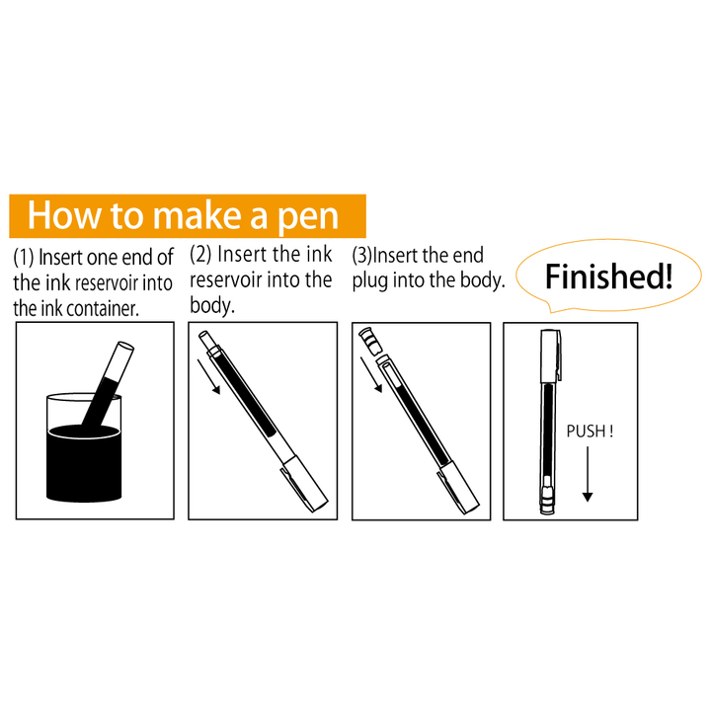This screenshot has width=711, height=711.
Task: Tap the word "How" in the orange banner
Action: coord(64,215)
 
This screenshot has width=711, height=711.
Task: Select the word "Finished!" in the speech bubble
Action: coord(608,276)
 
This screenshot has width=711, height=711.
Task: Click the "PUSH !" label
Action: coord(590,432)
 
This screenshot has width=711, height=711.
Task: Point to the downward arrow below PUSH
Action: coord(588,474)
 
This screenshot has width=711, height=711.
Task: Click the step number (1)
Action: coord(24,258)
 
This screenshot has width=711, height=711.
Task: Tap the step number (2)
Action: coord(200,255)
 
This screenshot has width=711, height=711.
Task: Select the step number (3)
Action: coord(361,256)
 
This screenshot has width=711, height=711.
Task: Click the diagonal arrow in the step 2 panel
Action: coord(208,377)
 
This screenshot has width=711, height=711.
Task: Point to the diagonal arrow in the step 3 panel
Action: coord(371,374)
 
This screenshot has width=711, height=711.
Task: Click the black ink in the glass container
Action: coord(84,462)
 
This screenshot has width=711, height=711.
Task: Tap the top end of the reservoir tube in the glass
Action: coord(125,347)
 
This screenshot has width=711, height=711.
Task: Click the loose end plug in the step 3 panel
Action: coord(370,342)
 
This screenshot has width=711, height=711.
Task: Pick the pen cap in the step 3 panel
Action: coord(458,489)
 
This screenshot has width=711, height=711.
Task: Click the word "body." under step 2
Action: coord(212,305)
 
